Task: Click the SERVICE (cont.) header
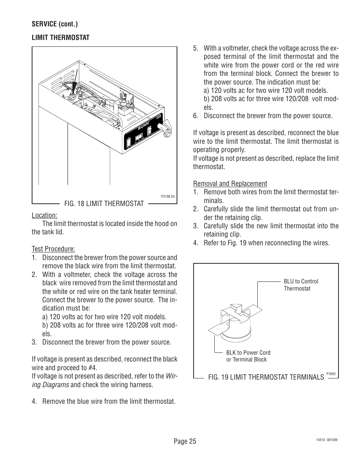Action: [x=55, y=24]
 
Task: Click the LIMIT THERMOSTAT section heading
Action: [x=60, y=37]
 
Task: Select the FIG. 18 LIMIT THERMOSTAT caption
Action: [x=104, y=204]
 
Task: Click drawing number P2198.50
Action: [x=168, y=197]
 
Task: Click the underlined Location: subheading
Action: [x=44, y=215]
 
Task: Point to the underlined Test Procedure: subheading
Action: [x=53, y=249]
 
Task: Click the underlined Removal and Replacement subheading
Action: [x=230, y=183]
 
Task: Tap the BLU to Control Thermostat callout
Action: [x=300, y=285]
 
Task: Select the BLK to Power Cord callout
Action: [x=248, y=356]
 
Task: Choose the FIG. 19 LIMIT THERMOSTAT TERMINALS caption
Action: [x=266, y=377]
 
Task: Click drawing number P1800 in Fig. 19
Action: [x=331, y=374]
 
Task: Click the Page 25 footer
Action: [x=185, y=441]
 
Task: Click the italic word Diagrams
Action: [x=55, y=385]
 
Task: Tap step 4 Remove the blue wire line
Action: [x=103, y=401]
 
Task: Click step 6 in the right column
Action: [x=263, y=115]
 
